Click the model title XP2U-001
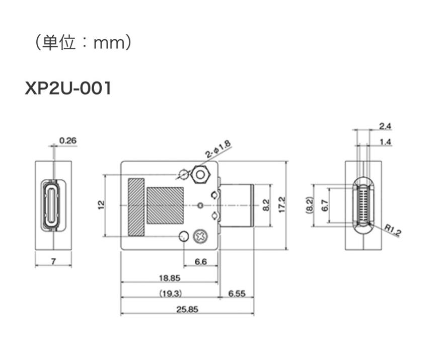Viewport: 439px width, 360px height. pos(68,89)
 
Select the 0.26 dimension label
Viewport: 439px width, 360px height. pos(67,140)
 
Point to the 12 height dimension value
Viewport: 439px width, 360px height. pos(101,204)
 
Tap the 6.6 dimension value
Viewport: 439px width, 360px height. pos(200,262)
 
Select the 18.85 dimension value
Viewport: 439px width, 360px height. pos(170,277)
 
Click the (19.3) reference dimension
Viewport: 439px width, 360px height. pos(170,293)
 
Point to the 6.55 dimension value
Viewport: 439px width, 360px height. pos(237,293)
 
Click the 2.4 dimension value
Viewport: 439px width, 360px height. pos(385,126)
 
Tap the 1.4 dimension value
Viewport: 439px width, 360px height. pos(385,142)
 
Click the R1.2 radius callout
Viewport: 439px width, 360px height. pos(392,231)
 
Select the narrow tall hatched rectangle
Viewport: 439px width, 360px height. pos(136,206)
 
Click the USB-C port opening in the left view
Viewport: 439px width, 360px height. pos(53,205)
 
